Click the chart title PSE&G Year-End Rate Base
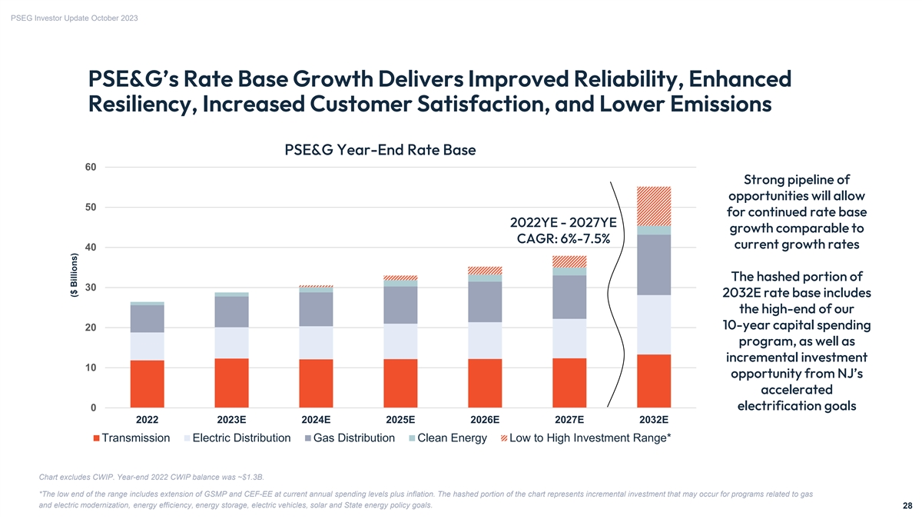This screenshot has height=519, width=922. click(380, 150)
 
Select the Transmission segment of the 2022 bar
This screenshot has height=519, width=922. click(147, 383)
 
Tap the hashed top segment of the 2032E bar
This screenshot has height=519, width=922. click(654, 206)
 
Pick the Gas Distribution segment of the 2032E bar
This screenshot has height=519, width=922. click(654, 264)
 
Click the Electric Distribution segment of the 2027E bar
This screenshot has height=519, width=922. click(569, 338)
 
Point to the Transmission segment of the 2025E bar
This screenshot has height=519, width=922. click(400, 382)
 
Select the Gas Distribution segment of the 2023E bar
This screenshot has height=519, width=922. click(231, 311)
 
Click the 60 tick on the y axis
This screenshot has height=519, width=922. click(91, 167)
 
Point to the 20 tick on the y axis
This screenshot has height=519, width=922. click(91, 328)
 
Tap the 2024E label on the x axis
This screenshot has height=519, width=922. click(316, 420)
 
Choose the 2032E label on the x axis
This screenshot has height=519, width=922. click(654, 420)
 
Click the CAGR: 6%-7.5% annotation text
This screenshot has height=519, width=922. click(563, 238)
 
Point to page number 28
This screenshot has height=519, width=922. click(907, 506)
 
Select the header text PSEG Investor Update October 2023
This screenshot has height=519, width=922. click(75, 18)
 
